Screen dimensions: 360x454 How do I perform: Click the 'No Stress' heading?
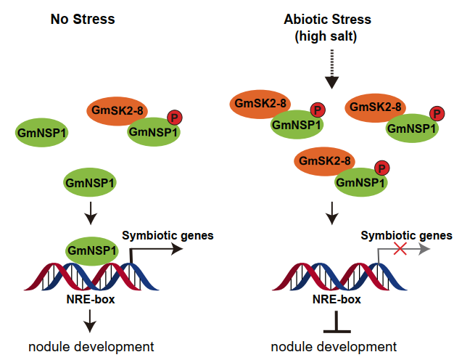(x=83, y=19)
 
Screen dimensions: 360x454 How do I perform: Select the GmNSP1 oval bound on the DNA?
(x=93, y=250)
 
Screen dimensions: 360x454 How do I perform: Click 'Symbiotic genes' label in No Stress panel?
(x=168, y=234)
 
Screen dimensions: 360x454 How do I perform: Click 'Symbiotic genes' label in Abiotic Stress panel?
(x=407, y=235)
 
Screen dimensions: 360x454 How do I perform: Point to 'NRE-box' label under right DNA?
(x=337, y=298)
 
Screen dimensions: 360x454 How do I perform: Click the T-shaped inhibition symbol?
(x=337, y=322)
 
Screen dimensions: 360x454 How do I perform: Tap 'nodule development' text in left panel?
(x=91, y=345)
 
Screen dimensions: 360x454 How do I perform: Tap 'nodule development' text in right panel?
(x=334, y=345)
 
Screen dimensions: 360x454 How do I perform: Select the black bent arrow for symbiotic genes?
(x=152, y=249)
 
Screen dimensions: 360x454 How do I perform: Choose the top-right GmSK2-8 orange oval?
(x=376, y=107)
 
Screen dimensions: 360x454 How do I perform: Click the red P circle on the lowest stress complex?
(x=382, y=167)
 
